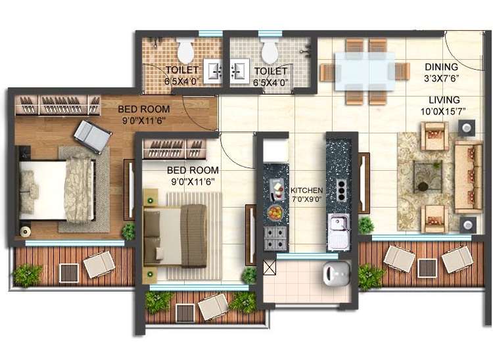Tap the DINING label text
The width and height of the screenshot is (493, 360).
point(441,67)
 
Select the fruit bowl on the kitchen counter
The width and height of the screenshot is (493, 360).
point(275,212)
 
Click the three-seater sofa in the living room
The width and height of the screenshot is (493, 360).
point(468,173)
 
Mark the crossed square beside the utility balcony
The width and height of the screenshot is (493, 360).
point(269,267)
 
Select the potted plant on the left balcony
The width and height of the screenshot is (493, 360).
point(27,274)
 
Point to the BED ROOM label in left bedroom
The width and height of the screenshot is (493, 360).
point(144,109)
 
